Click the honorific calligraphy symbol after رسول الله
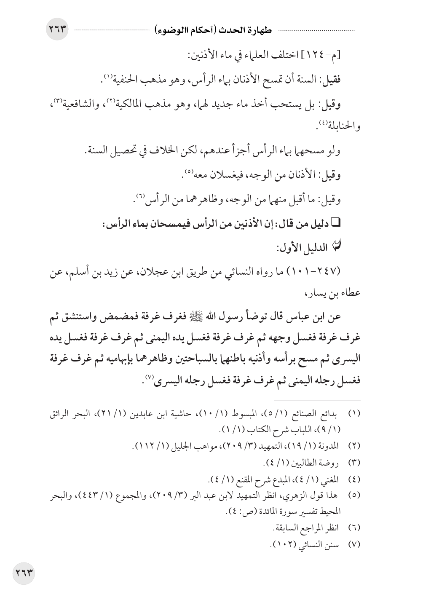tap(217, 316)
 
